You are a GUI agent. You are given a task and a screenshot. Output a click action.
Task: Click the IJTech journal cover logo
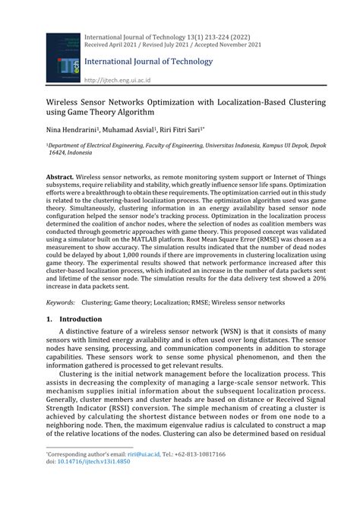click(x=62, y=57)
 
